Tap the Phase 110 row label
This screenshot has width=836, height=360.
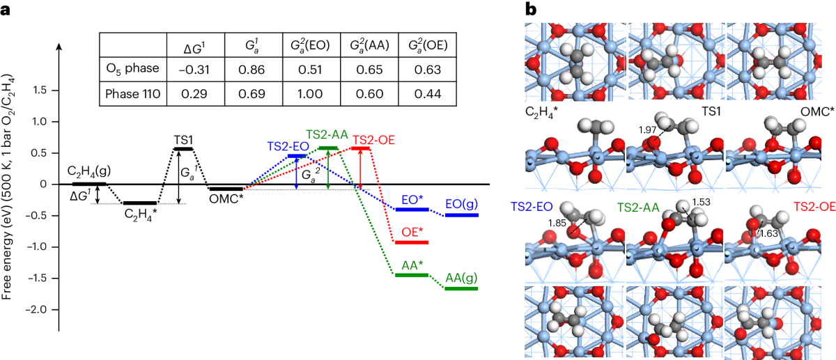click(132, 93)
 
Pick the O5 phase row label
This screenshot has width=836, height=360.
click(132, 68)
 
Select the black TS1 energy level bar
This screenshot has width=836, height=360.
click(183, 148)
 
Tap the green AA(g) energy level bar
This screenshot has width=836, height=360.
click(462, 288)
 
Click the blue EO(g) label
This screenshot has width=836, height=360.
click(460, 203)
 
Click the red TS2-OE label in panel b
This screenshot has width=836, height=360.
click(814, 206)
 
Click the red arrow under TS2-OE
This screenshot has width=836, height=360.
click(360, 167)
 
